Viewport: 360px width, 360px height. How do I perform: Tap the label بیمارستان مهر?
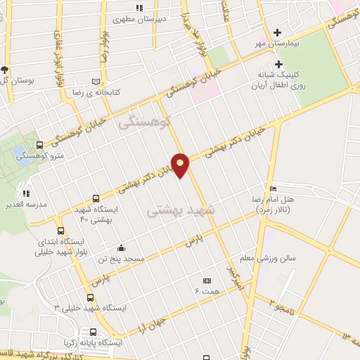[277, 43]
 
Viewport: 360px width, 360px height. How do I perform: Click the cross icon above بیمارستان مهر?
[277, 32]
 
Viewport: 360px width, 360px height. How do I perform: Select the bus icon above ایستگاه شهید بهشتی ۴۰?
[96, 199]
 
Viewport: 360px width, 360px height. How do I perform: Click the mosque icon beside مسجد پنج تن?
[121, 247]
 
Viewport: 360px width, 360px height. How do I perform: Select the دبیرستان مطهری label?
[161, 18]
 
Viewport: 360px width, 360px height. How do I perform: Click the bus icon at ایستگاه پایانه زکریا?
[93, 332]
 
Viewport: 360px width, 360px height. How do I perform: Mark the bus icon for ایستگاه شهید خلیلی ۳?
[90, 297]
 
